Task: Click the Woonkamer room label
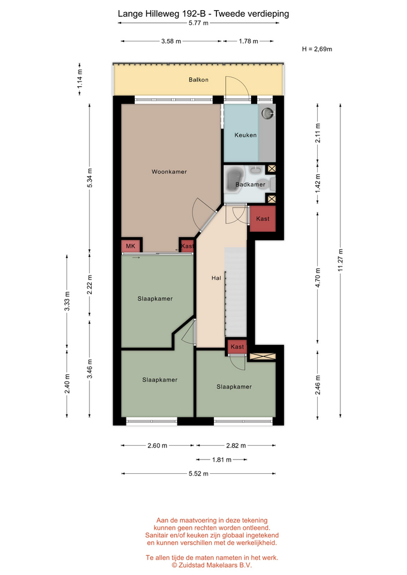[x=169, y=172]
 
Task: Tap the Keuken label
[x=246, y=135]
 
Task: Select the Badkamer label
[x=251, y=184]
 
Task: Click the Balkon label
[x=198, y=80]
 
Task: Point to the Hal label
[x=216, y=278]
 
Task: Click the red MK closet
[x=131, y=246]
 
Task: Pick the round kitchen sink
[x=267, y=113]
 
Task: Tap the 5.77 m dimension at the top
[x=198, y=23]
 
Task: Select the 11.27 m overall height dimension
[x=340, y=260]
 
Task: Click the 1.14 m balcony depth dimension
[x=80, y=78]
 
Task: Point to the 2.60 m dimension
[x=157, y=446]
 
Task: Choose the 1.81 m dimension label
[x=222, y=459]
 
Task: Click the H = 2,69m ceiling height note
[x=317, y=49]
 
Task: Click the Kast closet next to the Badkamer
[x=263, y=219]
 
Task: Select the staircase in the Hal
[x=235, y=292]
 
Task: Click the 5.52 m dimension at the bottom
[x=198, y=473]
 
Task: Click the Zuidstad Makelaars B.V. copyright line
[x=212, y=565]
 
